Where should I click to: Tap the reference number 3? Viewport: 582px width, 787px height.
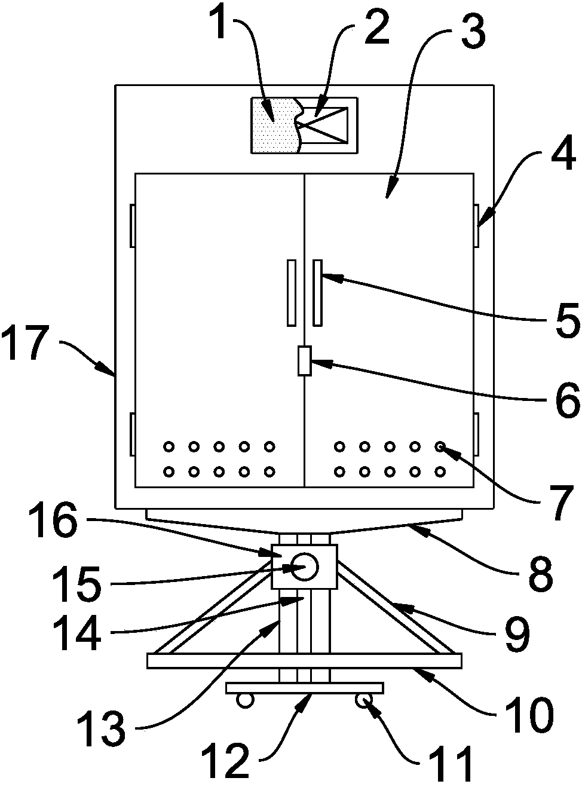473,32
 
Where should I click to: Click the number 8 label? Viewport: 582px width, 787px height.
541,574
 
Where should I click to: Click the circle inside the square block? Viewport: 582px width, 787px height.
305,567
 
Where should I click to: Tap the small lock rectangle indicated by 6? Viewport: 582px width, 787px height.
305,360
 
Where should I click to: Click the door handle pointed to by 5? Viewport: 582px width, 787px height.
317,293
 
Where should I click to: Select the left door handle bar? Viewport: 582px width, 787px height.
292,293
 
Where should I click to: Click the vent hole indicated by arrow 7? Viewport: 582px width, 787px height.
440,446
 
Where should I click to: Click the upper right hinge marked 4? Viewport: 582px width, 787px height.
476,225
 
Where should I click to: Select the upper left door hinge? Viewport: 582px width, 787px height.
133,225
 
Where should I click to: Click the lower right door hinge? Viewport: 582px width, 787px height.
476,434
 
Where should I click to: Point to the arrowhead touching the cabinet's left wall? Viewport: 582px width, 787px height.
106,369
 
